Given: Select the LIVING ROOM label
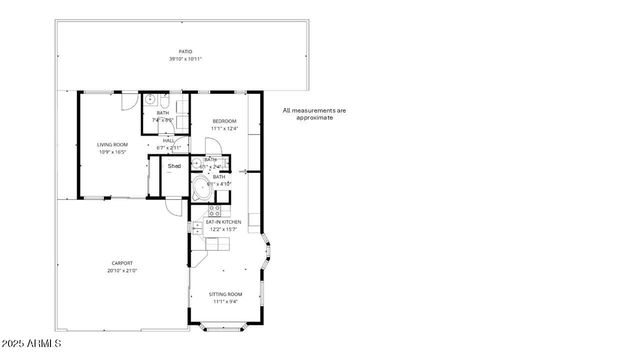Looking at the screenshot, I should (x=111, y=145).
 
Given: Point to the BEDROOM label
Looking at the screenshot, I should (x=223, y=121).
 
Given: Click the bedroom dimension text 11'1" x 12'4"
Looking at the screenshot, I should (x=223, y=128).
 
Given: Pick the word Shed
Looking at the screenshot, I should (x=174, y=166).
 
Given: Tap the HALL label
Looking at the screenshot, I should (x=170, y=140).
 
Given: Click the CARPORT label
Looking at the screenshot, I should (x=122, y=263).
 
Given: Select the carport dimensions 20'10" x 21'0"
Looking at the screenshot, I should (x=122, y=270).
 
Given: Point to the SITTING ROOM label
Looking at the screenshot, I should (x=225, y=294).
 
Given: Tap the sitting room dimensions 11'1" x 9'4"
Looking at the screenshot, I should (x=225, y=301).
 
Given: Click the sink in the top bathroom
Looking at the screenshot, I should (x=150, y=101).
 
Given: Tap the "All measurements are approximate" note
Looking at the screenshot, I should (x=314, y=113).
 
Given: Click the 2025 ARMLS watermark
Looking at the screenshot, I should (x=31, y=344).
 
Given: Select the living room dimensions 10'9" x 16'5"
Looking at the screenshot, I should (x=111, y=152).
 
